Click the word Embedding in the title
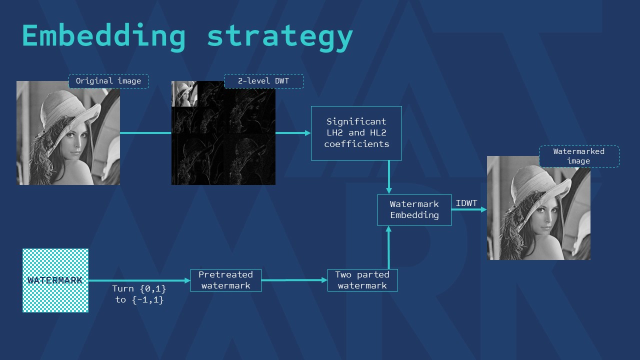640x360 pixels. coord(104,36)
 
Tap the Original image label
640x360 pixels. coord(108,81)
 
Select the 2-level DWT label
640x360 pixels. coord(263,81)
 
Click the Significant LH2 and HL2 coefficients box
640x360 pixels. coord(356,133)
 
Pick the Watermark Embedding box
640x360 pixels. coord(414,210)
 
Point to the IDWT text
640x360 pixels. coord(466,203)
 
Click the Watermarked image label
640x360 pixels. coord(579,156)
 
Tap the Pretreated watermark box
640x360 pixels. coord(225,280)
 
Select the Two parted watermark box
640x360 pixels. coord(362,280)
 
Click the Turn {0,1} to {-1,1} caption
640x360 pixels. coord(139,294)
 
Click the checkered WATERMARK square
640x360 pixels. coord(55,280)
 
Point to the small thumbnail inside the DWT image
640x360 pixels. coord(184,93)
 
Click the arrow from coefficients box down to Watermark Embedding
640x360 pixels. coord(389,177)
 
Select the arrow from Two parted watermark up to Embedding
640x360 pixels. coord(388,247)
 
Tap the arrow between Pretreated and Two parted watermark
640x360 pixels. coord(294,280)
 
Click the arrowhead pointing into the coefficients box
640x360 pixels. coord(307,133)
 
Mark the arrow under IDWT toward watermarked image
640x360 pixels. coord(469,209)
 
